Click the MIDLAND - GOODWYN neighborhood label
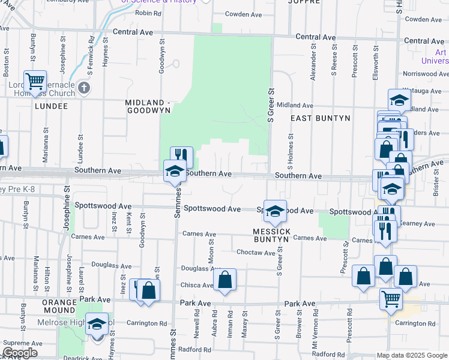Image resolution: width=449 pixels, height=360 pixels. pos(148,106)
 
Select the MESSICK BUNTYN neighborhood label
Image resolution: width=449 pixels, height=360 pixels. pos(271,235)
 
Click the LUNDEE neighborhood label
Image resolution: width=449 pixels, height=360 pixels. pos(51,106)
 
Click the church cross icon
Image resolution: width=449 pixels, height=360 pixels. pos(84,88)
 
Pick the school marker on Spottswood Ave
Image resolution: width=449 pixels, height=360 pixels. pos(275,210)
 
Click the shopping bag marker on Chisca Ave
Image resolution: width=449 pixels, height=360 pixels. pos(224,279)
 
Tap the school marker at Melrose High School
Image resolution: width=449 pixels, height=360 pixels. pos(97,324)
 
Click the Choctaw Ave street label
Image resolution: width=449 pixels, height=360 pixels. pos(256,253)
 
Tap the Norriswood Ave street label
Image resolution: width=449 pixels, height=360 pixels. pos(424,74)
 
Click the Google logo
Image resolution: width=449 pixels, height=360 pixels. pos(19,352)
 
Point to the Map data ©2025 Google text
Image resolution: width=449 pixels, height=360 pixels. pos(411,355)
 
